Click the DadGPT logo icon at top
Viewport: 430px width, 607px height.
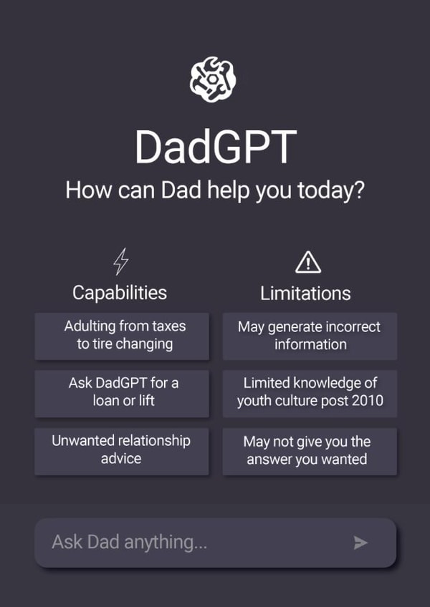pos(214,79)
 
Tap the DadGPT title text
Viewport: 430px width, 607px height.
pos(215,147)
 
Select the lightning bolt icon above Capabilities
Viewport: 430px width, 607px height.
pos(121,261)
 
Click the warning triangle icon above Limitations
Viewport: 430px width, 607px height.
pos(307,262)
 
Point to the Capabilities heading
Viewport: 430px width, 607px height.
pos(120,292)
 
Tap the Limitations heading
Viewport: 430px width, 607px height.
pos(305,293)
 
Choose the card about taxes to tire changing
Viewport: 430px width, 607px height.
pos(122,335)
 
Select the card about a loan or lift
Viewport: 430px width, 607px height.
pos(122,392)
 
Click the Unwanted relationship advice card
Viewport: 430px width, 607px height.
pos(122,450)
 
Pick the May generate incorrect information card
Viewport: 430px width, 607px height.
pos(310,335)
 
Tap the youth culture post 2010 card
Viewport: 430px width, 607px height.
pos(310,392)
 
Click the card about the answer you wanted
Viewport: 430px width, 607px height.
pos(310,451)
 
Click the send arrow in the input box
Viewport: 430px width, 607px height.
pos(360,543)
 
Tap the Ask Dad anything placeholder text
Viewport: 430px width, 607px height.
pos(129,542)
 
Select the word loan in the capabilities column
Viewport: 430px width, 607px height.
pos(105,401)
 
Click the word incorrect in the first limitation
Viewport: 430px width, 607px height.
pos(353,326)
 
